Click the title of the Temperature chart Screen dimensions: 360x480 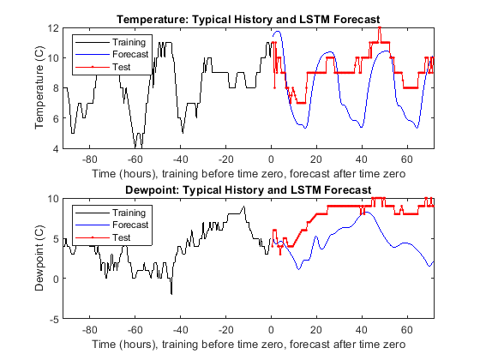click(x=248, y=19)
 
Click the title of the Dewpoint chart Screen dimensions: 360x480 click(x=248, y=189)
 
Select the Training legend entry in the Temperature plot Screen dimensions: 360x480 click(x=129, y=40)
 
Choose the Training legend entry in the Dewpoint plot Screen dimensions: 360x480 click(x=129, y=211)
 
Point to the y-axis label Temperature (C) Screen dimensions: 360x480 click(x=40, y=88)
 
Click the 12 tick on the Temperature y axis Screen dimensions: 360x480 click(x=52, y=28)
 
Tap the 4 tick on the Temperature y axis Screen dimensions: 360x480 click(x=55, y=149)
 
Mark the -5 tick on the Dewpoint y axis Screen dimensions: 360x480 click(x=53, y=319)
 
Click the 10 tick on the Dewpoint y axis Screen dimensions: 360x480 click(x=52, y=199)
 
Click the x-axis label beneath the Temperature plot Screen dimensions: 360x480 click(x=248, y=173)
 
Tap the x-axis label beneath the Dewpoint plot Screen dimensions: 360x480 click(x=248, y=344)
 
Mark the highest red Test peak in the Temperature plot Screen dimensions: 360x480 click(x=380, y=28)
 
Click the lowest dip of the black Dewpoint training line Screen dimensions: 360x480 click(x=171, y=293)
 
